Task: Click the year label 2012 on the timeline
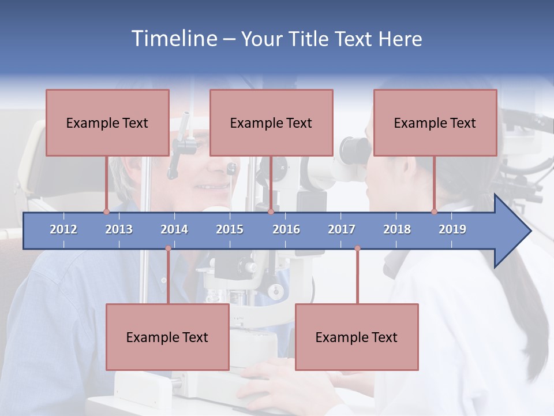tap(63, 229)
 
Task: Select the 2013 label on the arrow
tap(119, 229)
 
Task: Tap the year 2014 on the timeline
tap(174, 229)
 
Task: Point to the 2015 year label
tap(230, 229)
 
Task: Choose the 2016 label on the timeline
tap(286, 229)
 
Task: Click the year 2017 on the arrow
tap(342, 229)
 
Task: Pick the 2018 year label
tap(397, 229)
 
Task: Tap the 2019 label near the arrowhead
tap(452, 229)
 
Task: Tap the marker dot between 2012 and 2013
tap(106, 211)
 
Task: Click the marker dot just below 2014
tap(168, 248)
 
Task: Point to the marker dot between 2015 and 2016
tap(271, 211)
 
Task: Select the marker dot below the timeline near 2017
tap(357, 248)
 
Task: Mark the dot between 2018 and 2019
tap(435, 211)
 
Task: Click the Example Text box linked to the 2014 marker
tap(167, 337)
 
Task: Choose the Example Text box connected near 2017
tap(357, 337)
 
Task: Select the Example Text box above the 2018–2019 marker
tap(435, 122)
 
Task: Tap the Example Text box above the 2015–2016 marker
tap(271, 122)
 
